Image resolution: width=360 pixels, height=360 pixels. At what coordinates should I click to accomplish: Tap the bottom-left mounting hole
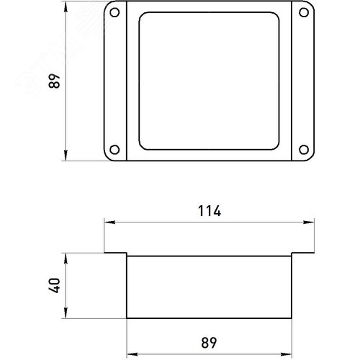click(x=114, y=150)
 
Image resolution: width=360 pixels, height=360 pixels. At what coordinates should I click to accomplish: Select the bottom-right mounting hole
click(x=304, y=150)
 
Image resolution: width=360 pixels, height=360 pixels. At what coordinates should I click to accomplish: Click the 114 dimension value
click(x=210, y=211)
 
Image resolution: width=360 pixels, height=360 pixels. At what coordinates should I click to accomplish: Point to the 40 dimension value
click(x=55, y=285)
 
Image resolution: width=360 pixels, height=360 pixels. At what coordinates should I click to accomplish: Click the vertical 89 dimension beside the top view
click(x=55, y=81)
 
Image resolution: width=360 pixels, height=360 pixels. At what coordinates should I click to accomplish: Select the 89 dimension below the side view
click(x=209, y=343)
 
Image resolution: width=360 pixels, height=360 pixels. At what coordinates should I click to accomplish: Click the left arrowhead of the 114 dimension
click(x=109, y=222)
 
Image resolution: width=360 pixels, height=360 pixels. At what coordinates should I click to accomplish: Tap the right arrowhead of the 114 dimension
click(x=309, y=222)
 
